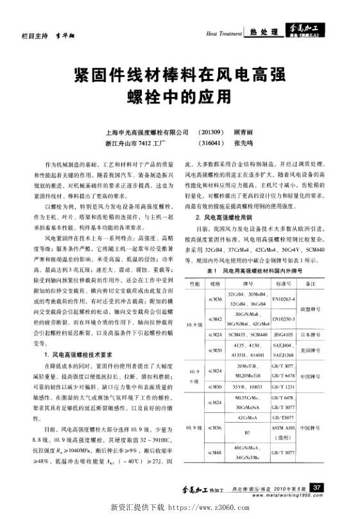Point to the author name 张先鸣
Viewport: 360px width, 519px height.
(244, 143)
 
